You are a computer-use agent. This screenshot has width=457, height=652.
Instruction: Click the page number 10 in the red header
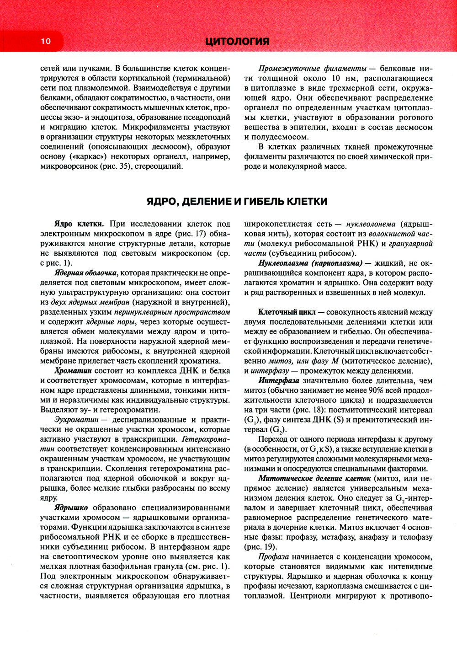point(46,41)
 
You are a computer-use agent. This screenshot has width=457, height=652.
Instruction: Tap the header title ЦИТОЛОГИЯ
point(237,41)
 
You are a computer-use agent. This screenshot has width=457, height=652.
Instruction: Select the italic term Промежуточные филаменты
point(312,69)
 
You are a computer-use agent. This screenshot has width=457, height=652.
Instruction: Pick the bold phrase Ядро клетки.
point(79,224)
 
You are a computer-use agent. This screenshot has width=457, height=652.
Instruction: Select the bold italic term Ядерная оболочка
point(85,273)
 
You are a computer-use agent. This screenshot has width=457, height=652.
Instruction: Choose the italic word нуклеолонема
point(371,224)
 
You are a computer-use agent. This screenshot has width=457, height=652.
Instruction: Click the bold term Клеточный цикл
point(287,312)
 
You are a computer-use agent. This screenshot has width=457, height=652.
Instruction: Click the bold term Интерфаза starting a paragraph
point(279,380)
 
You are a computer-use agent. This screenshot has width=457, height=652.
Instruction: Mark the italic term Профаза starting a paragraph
point(273,557)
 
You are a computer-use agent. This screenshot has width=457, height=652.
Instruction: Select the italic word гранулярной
point(410,244)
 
